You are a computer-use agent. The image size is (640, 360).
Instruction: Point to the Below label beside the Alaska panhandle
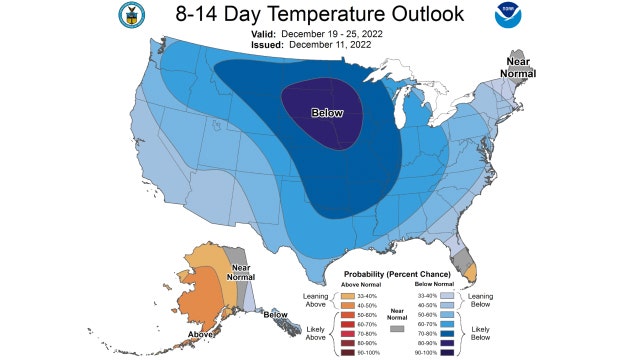(276, 315)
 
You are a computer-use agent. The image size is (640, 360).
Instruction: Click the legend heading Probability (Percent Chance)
(399, 274)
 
